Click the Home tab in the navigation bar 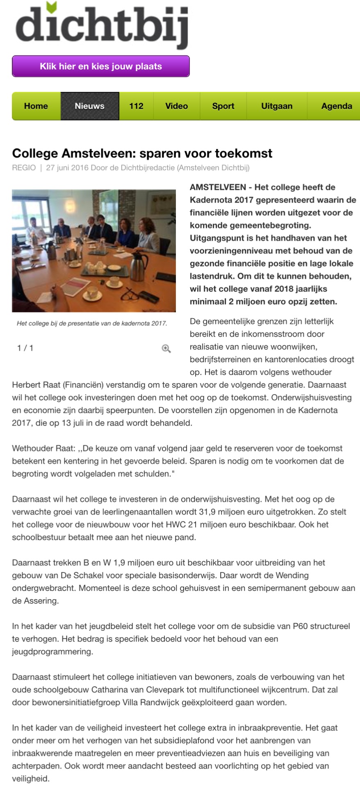point(36,106)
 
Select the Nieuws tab point(89,106)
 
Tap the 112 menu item point(136,106)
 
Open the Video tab point(176,106)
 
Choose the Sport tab point(223,106)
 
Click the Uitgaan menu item point(277,106)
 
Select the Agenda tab point(336,106)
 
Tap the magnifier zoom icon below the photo point(166,349)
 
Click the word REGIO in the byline point(24,168)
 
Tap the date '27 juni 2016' point(67,168)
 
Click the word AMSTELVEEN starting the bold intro point(217,187)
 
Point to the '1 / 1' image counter point(25,348)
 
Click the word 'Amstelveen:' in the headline point(98,153)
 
